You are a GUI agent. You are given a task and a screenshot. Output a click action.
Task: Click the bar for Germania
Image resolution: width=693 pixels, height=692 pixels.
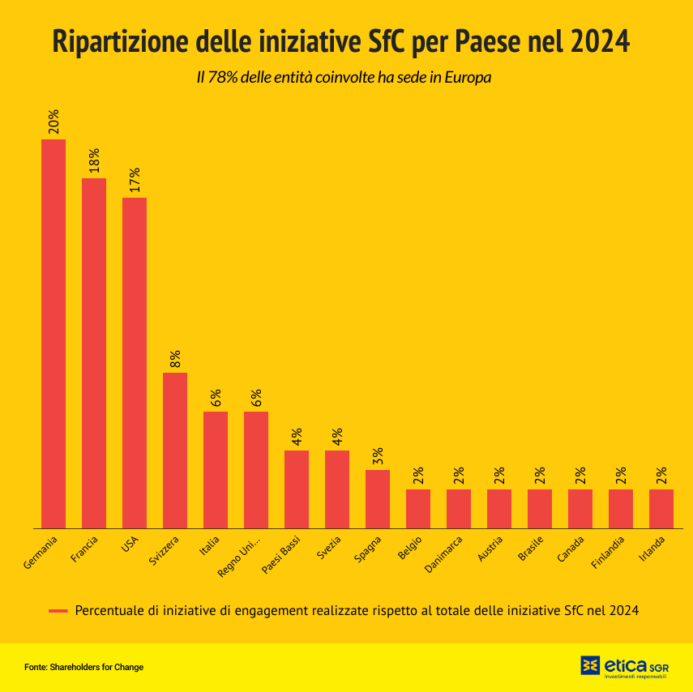(x=53, y=332)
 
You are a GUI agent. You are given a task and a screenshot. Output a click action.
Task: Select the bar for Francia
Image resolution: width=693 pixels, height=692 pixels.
(x=94, y=352)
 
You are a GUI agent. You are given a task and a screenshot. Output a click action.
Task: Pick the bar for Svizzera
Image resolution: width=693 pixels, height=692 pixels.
(x=175, y=450)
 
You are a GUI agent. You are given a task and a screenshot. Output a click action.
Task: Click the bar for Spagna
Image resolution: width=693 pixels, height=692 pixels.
(x=378, y=498)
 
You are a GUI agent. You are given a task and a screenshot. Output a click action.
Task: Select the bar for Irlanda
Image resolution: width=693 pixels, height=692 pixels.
(x=661, y=508)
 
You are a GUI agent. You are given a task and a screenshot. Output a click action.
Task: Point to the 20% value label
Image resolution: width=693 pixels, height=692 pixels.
(x=53, y=122)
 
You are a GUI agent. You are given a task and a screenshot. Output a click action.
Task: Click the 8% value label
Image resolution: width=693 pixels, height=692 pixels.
(x=175, y=359)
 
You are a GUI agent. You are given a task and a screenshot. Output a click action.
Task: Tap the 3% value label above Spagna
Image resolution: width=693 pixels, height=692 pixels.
(x=378, y=457)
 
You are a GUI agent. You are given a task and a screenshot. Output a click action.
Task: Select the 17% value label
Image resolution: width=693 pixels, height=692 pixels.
(x=135, y=181)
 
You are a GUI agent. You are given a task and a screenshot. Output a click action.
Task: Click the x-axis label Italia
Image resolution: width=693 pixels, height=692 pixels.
(x=209, y=547)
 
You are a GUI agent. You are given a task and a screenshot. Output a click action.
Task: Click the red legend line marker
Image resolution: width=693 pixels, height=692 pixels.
(x=58, y=610)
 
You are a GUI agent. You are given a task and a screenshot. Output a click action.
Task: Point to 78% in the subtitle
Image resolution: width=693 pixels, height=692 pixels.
(x=223, y=79)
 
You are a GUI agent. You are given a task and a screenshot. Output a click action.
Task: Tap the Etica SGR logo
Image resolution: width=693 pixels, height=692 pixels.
(x=624, y=666)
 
